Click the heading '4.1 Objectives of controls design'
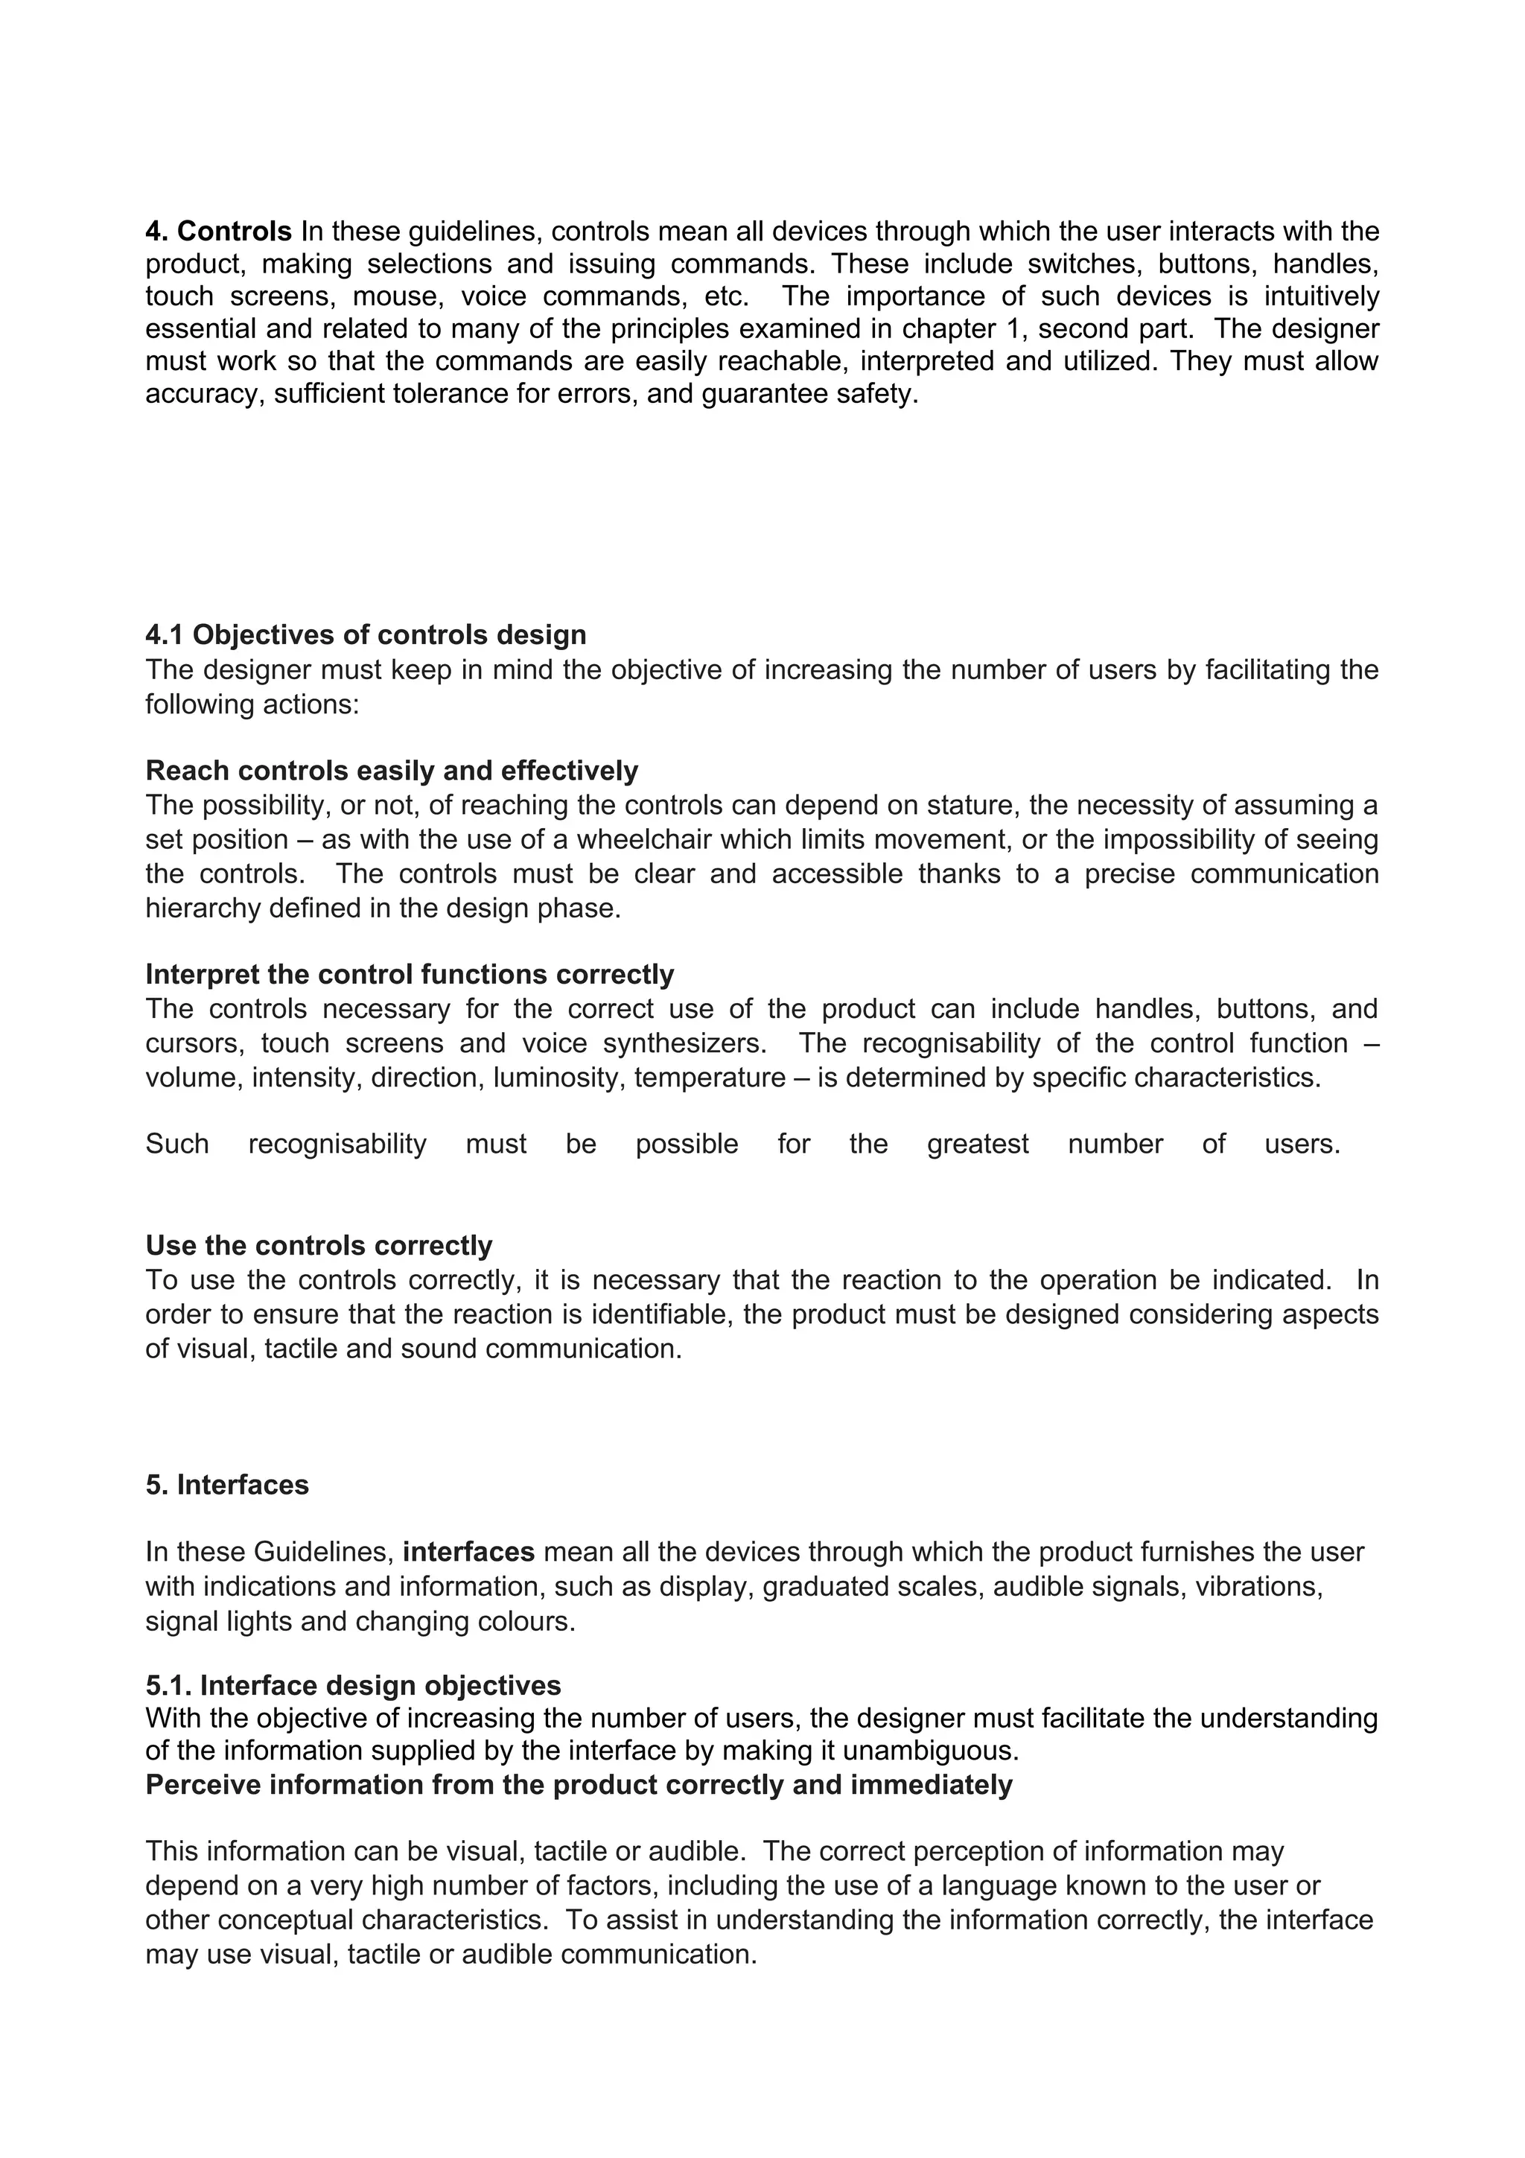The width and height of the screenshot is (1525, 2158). click(366, 635)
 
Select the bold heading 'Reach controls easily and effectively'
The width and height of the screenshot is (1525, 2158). click(392, 771)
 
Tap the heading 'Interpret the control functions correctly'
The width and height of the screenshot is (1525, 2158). click(410, 975)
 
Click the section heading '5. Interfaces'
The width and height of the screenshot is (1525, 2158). click(226, 1485)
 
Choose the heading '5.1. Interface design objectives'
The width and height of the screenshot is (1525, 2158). click(353, 1685)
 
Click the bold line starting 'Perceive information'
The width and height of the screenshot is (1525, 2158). click(579, 1785)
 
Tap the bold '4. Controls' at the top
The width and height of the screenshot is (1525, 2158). click(219, 231)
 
